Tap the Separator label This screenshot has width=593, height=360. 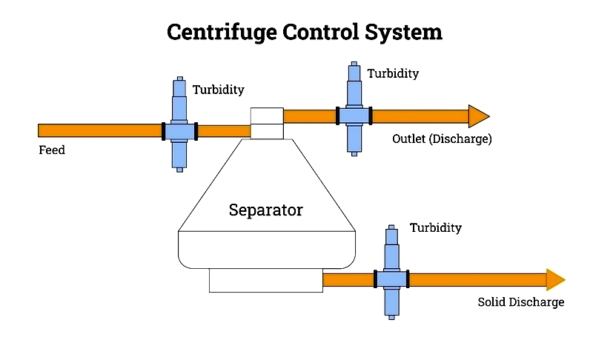[x=265, y=210]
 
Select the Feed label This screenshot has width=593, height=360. [x=52, y=150]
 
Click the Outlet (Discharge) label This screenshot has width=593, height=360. [x=442, y=139]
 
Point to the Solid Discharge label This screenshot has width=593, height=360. [x=520, y=302]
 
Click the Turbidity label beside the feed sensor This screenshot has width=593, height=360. [x=219, y=90]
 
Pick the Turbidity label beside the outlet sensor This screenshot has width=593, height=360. [x=393, y=73]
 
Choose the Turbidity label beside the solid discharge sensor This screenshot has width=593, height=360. [x=436, y=227]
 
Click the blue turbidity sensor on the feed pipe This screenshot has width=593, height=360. [x=179, y=131]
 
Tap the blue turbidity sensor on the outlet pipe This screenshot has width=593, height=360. [x=354, y=116]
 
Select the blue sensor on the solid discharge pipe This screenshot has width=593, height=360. [x=391, y=279]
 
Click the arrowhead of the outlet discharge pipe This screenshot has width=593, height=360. [x=479, y=116]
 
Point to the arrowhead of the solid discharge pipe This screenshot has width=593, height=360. [x=555, y=279]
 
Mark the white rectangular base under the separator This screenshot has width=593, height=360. [x=265, y=280]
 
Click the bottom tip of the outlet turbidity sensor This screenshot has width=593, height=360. [x=354, y=153]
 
